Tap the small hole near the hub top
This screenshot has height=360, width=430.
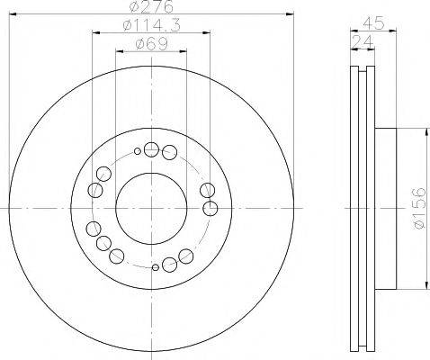tap(136, 152)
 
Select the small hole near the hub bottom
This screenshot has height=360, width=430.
tap(157, 266)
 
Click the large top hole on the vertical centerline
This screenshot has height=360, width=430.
tap(150, 149)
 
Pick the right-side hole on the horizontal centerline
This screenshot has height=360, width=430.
tap(211, 208)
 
